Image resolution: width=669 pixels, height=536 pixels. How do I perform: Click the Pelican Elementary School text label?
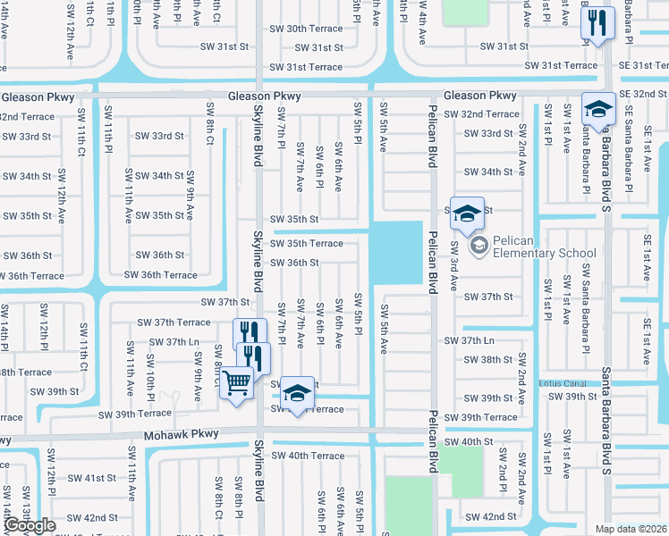545,253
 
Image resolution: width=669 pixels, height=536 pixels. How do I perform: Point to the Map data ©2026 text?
631,529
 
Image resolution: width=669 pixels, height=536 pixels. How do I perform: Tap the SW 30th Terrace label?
306,29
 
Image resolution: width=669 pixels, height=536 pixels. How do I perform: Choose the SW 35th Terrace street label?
306,243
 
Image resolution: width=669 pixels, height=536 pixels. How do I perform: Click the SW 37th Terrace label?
174,322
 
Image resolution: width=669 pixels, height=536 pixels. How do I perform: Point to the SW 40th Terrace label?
307,456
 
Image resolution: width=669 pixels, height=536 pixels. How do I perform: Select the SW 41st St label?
93,478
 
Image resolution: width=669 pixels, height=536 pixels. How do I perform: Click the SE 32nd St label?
643,94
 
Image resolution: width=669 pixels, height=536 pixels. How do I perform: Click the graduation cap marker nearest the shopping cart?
298,393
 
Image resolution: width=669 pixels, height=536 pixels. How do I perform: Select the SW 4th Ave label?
422,24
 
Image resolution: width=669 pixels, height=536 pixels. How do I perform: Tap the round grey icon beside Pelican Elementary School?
478,245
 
